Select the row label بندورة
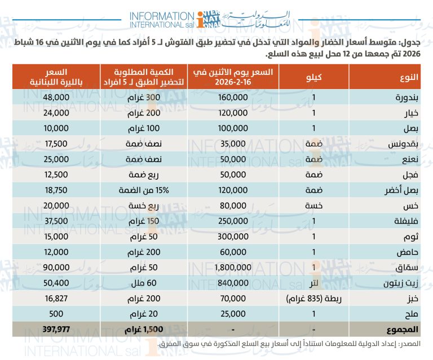pyautogui.click(x=406, y=97)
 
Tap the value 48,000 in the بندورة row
pyautogui.click(x=56, y=97)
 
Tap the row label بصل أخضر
pyautogui.click(x=401, y=191)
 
